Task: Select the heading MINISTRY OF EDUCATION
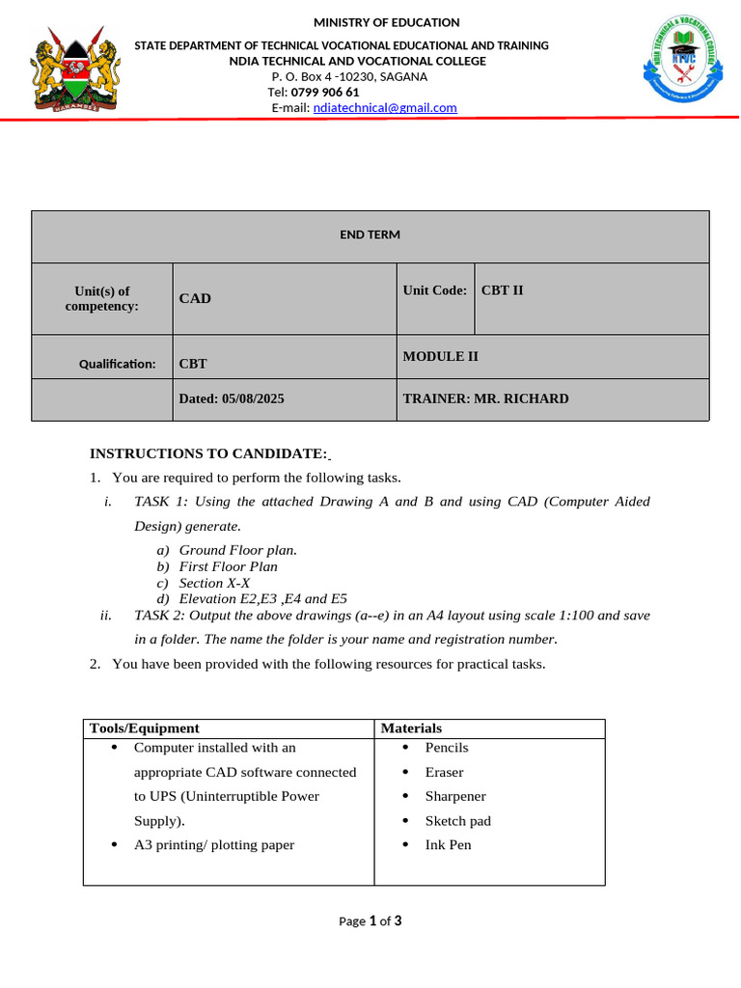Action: pos(387,22)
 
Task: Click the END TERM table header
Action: pos(370,235)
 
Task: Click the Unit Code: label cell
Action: pos(435,290)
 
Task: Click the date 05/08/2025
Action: pos(253,398)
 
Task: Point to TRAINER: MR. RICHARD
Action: pos(485,398)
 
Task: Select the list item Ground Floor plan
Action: pos(238,550)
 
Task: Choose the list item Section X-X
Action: pos(214,583)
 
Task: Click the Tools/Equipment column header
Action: pos(144,728)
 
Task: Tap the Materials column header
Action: pos(411,728)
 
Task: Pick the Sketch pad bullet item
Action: pos(457,821)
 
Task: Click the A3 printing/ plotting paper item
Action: pos(214,845)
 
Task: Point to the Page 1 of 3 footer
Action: pos(370,921)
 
